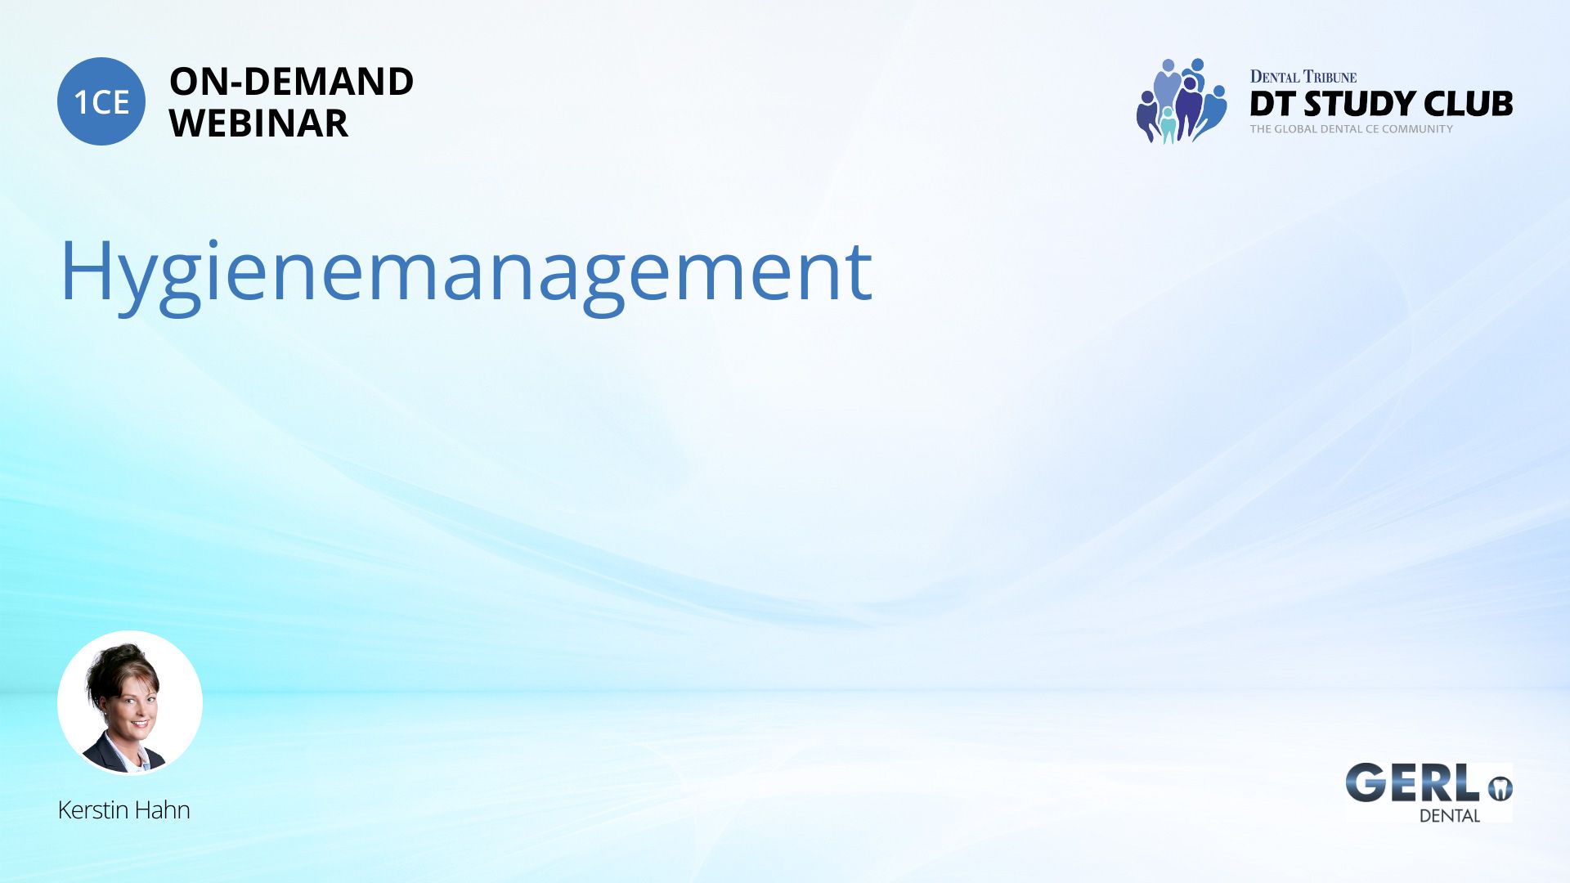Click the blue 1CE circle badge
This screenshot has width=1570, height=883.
pyautogui.click(x=101, y=101)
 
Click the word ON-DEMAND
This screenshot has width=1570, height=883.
pyautogui.click(x=291, y=81)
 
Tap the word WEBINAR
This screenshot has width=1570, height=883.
pyautogui.click(x=258, y=123)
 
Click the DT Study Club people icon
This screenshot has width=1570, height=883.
pyautogui.click(x=1181, y=101)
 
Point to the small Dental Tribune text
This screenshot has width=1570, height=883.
pyautogui.click(x=1303, y=77)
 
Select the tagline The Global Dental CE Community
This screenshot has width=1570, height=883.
pyautogui.click(x=1351, y=129)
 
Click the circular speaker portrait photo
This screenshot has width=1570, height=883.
pyautogui.click(x=130, y=702)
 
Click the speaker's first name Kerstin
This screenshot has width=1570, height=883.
pyautogui.click(x=93, y=809)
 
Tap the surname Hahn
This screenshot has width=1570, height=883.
pyautogui.click(x=163, y=809)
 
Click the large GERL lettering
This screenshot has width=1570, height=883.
pyautogui.click(x=1412, y=783)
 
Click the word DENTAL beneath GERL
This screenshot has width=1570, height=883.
pyautogui.click(x=1450, y=815)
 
